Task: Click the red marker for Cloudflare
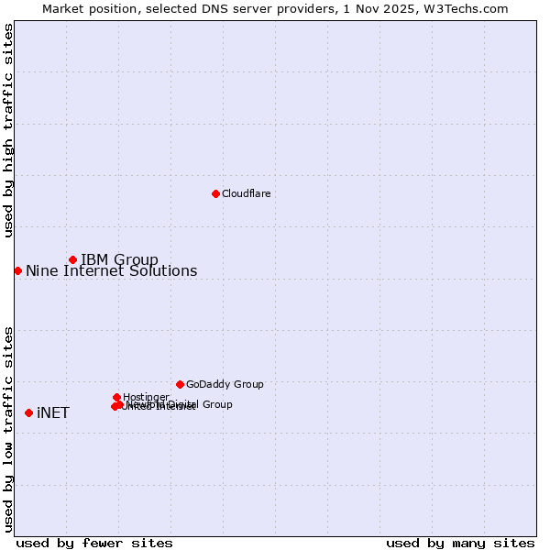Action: pos(215,193)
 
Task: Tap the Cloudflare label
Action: pos(246,193)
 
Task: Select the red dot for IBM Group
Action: pos(72,259)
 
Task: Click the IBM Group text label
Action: pos(119,259)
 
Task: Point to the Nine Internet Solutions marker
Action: pos(17,270)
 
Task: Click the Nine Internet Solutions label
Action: pos(111,270)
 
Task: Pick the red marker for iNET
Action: pos(28,412)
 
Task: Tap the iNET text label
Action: pos(53,412)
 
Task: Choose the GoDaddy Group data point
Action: pos(180,384)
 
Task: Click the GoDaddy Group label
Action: pos(225,384)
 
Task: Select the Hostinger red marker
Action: pos(116,397)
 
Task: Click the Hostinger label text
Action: pos(146,397)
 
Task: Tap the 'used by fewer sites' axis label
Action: pos(94,543)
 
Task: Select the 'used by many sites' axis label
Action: pos(460,543)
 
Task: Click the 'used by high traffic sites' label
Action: pos(8,130)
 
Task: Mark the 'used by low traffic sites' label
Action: pos(8,429)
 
